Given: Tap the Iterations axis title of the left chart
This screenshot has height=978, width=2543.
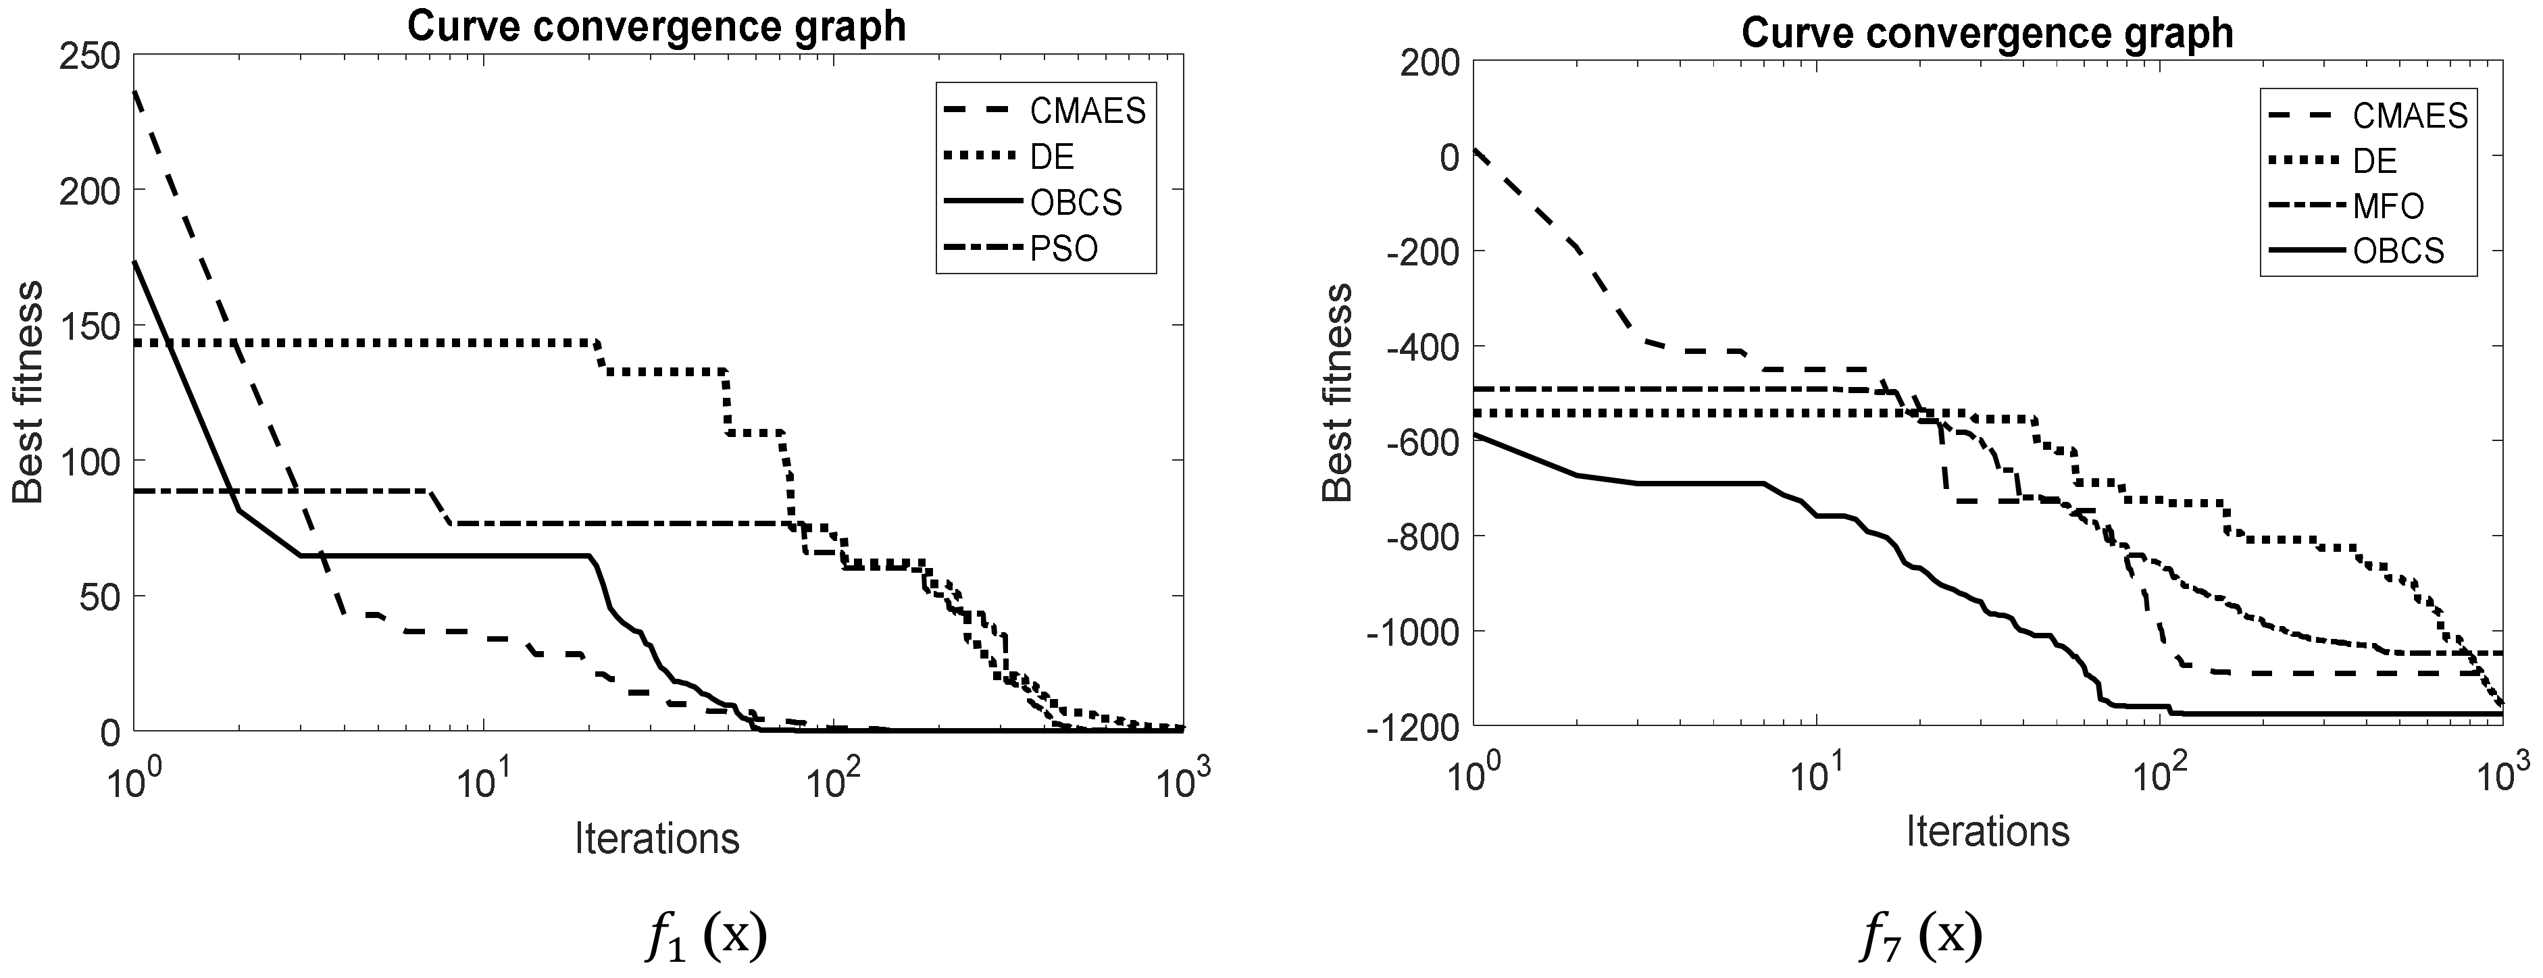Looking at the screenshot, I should tap(657, 839).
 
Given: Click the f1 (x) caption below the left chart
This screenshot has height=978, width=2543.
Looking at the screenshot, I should tap(706, 937).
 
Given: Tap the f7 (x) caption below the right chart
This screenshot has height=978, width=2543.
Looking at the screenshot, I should tap(1920, 937).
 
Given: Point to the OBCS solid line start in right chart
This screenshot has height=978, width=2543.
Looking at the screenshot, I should tap(1474, 434).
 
